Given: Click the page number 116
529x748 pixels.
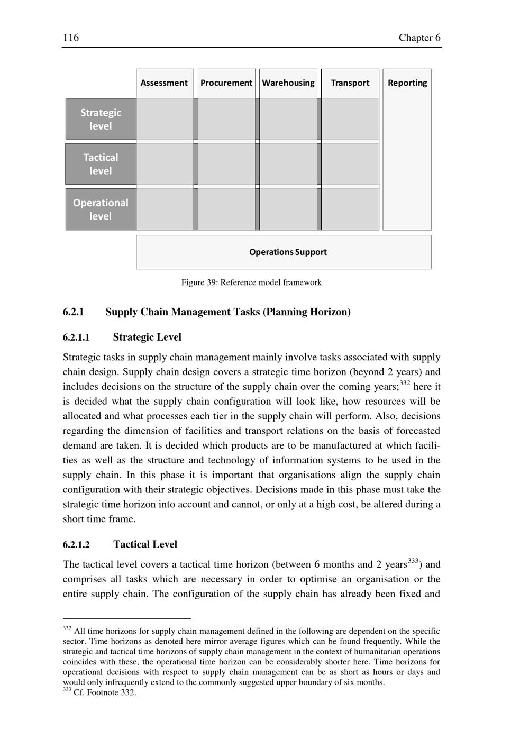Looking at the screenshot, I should point(71,38).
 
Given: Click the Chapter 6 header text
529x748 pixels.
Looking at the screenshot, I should point(419,38).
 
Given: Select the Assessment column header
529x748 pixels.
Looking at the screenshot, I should point(164,83).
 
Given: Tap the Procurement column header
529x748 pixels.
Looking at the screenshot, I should point(226,83).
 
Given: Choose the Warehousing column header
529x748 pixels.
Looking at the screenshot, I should point(288,83).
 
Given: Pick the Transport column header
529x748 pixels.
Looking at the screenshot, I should point(350,83).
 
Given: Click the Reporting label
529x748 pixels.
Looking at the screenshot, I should point(407,83).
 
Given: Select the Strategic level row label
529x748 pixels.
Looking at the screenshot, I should point(101,119).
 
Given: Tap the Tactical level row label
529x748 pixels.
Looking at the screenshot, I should point(101,164).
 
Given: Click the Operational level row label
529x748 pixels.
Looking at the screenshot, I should point(101,209).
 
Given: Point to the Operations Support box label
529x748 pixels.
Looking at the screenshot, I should point(288,252).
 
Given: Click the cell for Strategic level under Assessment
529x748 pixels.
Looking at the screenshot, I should point(165,119).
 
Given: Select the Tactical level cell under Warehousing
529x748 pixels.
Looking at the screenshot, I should point(288,164).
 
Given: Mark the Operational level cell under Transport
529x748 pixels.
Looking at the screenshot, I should point(350,209).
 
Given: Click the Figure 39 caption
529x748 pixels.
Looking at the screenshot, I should point(251,282).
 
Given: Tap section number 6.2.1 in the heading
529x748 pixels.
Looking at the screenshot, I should point(74,312).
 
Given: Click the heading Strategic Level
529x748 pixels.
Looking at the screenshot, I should point(147,337).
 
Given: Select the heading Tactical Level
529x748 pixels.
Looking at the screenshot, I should point(145,545).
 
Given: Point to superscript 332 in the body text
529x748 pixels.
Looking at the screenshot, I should point(405,383).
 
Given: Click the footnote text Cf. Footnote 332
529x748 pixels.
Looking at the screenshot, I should point(105,692).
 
